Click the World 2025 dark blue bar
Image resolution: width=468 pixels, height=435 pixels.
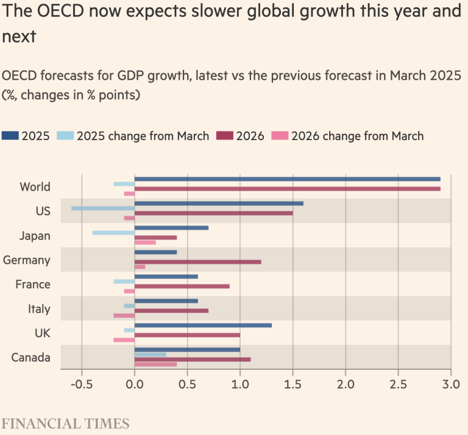[287, 179]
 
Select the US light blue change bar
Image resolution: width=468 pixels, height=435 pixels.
[103, 208]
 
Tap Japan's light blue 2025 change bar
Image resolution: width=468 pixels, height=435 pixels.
[113, 233]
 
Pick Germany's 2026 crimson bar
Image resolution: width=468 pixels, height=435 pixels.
[197, 262]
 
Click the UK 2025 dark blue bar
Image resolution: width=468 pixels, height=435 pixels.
[203, 325]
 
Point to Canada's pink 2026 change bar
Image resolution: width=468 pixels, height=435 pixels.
[155, 364]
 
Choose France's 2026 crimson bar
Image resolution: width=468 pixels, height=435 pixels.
[182, 286]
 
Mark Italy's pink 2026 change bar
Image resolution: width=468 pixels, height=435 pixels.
[124, 316]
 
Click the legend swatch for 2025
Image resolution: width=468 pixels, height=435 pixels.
[10, 136]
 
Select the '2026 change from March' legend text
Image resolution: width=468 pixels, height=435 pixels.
[357, 136]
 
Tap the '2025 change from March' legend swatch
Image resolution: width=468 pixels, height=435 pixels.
[65, 136]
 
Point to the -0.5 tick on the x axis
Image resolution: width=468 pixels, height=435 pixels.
[81, 384]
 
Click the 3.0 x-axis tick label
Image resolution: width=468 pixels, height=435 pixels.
[450, 384]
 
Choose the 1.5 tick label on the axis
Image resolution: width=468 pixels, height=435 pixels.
[292, 384]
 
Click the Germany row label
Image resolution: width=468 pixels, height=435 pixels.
[27, 260]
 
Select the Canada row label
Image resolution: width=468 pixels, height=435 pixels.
[31, 358]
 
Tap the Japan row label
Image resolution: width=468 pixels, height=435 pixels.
[35, 236]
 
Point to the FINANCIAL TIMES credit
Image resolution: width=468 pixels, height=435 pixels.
[66, 423]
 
